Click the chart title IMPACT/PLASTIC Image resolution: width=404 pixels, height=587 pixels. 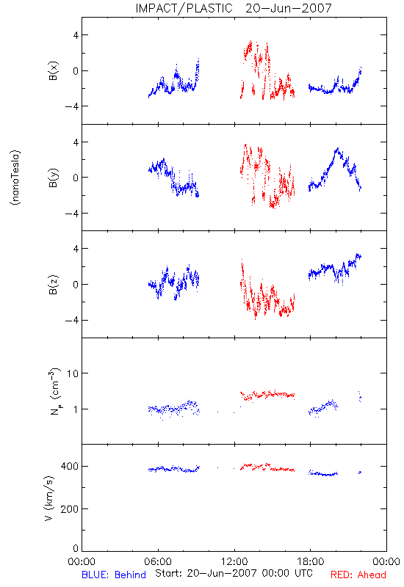[x=184, y=8]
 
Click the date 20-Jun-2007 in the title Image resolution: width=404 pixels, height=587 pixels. [x=289, y=8]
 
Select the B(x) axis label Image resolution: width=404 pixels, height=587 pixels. [x=53, y=70]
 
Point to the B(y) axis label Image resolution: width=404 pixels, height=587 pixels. [x=53, y=178]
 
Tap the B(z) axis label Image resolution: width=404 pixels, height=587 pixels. [x=53, y=285]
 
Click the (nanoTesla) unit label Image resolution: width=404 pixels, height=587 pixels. [x=15, y=178]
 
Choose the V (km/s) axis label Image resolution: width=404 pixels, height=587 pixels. [x=49, y=498]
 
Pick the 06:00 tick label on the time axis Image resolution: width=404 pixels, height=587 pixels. [x=158, y=561]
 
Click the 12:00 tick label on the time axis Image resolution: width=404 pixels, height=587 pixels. [x=234, y=561]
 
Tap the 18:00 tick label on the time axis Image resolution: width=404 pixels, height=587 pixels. [x=311, y=561]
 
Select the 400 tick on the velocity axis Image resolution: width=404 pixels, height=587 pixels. [x=69, y=466]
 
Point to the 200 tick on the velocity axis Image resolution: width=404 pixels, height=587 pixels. [x=69, y=508]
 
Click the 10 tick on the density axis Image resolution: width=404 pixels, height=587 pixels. [x=72, y=373]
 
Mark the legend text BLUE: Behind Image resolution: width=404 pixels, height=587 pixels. [x=114, y=575]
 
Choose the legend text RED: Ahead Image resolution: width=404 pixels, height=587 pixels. [x=358, y=575]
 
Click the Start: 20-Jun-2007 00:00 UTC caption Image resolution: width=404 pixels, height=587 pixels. [x=234, y=573]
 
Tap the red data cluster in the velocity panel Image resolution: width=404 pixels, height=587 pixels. [x=267, y=467]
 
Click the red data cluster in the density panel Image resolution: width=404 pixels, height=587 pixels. [x=267, y=395]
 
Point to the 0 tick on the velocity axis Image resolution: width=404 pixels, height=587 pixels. [x=76, y=548]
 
